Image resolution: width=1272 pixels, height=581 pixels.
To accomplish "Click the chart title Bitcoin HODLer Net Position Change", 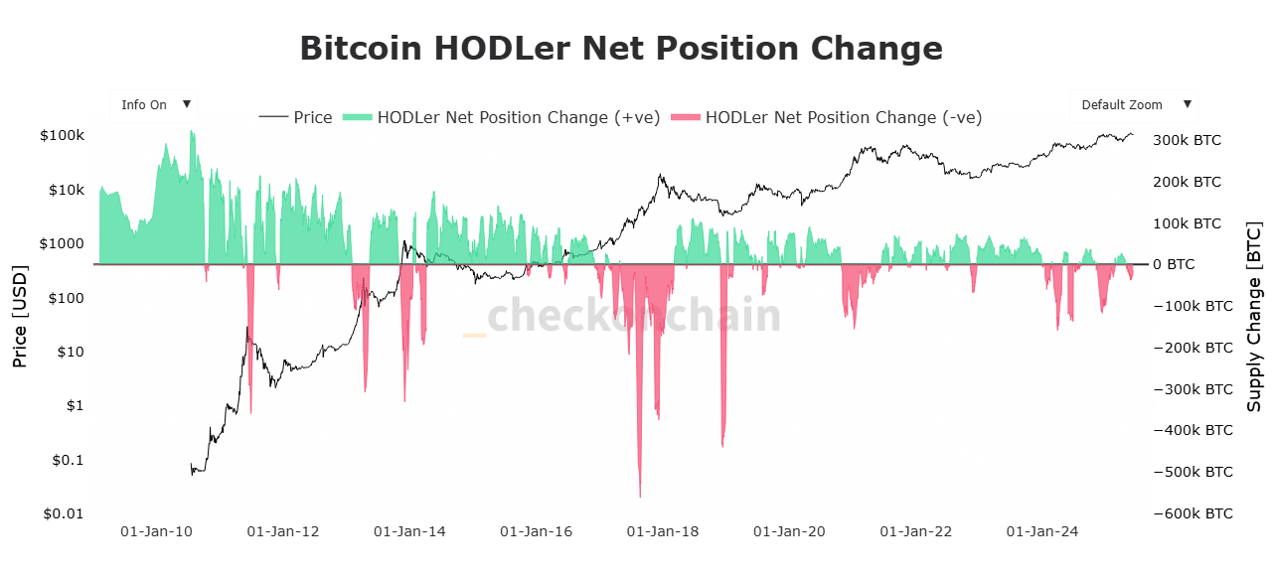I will pyautogui.click(x=621, y=49).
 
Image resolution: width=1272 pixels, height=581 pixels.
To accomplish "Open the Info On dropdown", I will pyautogui.click(x=155, y=104).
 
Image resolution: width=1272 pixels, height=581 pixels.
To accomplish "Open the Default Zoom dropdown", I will pyautogui.click(x=1134, y=104).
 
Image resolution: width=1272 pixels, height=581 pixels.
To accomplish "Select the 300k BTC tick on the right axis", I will pyautogui.click(x=1189, y=140).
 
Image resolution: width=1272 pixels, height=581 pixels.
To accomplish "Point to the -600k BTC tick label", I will pyautogui.click(x=1193, y=513).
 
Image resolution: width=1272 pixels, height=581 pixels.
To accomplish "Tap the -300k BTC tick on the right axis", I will pyautogui.click(x=1193, y=389).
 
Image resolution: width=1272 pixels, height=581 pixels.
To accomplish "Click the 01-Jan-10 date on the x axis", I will pyautogui.click(x=155, y=532).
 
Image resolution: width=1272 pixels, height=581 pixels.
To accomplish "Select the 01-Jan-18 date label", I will pyautogui.click(x=663, y=532).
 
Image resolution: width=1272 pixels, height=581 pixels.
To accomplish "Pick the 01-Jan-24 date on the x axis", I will pyautogui.click(x=1042, y=532).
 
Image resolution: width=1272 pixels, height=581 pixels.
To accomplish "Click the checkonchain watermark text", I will pyautogui.click(x=634, y=316).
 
